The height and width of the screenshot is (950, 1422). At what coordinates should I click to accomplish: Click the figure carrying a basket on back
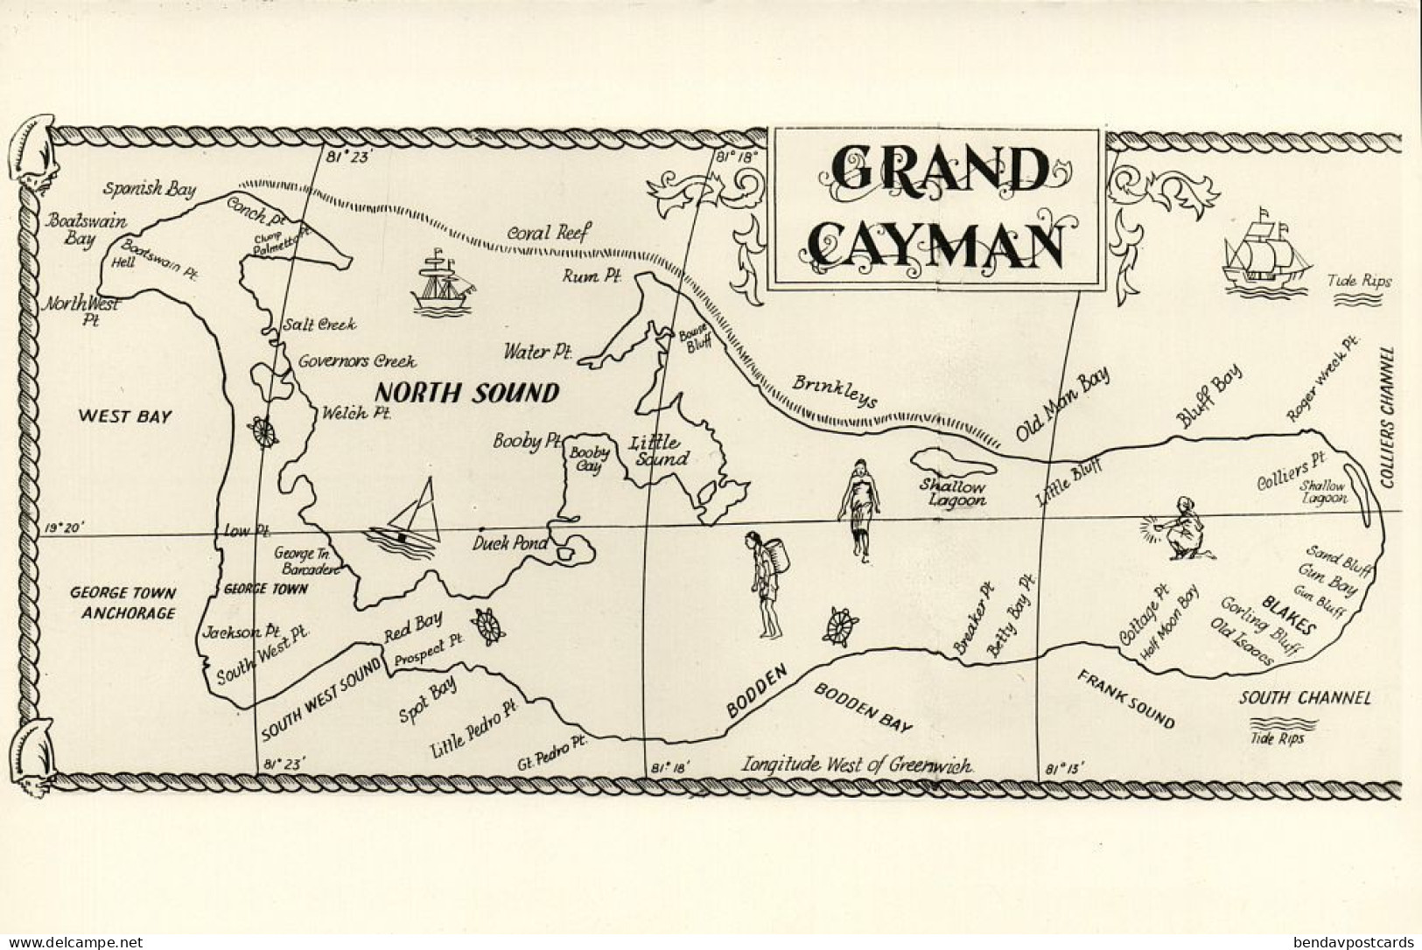pyautogui.click(x=766, y=583)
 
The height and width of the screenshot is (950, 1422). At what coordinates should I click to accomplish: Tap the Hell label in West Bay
pyautogui.click(x=124, y=263)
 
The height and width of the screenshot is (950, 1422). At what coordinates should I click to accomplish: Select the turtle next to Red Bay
pyautogui.click(x=487, y=626)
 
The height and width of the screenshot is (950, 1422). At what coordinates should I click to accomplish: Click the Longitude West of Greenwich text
pyautogui.click(x=858, y=765)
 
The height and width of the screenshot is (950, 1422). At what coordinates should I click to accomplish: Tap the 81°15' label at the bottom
pyautogui.click(x=1064, y=769)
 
